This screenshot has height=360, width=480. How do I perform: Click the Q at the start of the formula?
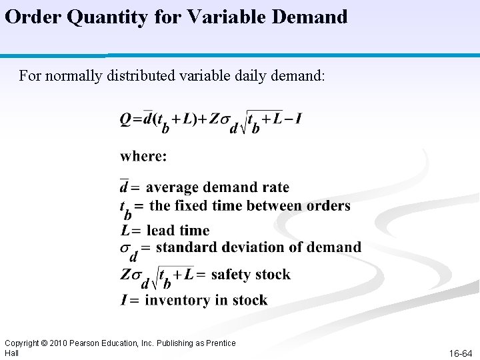coord(125,119)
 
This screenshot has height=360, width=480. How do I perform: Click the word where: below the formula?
coord(143,156)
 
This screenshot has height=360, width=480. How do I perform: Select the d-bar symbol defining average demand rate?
coord(124,187)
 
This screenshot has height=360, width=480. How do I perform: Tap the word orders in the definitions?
coord(329,205)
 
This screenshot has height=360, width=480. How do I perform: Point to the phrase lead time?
coord(177,231)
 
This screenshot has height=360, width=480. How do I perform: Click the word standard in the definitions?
coord(186,247)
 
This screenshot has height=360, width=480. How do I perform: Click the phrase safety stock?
coord(251,274)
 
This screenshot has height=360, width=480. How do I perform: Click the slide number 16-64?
coord(460,353)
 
